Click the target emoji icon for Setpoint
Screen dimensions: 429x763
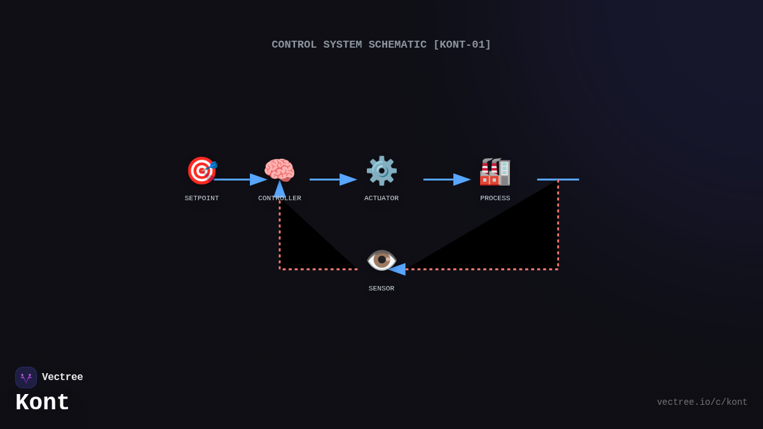coord(202,170)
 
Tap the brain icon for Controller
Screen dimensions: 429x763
coord(279,170)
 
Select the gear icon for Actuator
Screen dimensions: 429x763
coord(381,170)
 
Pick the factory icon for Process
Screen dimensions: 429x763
coord(495,171)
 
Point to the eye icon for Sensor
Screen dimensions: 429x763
coord(381,260)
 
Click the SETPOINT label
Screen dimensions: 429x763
coord(202,198)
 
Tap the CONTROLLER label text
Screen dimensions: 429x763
coord(280,198)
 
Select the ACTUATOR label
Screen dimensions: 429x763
coord(381,198)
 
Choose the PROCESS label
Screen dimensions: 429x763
coord(495,198)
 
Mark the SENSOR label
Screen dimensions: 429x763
coord(381,289)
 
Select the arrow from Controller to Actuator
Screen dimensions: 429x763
coord(333,179)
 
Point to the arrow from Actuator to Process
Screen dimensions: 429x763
coord(446,179)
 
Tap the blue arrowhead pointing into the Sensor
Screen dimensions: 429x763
coord(397,269)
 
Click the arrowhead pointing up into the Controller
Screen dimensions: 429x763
coord(280,189)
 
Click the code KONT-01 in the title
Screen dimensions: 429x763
coord(462,44)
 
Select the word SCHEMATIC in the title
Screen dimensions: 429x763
coord(397,44)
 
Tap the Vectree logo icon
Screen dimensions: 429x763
coord(26,378)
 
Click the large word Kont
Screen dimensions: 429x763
coord(43,403)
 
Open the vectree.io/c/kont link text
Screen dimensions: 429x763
coord(702,402)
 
